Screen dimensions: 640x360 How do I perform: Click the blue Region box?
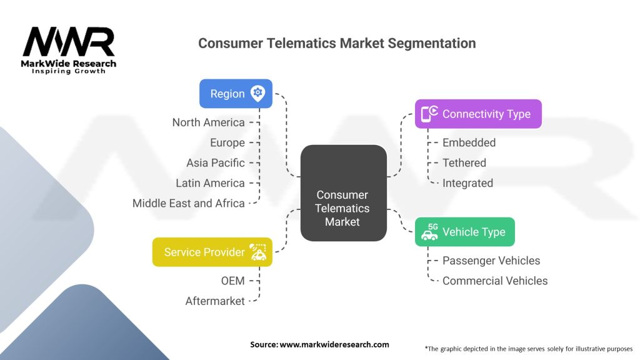point(236,94)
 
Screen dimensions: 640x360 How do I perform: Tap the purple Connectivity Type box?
point(478,114)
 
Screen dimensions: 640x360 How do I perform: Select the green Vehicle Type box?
point(464,232)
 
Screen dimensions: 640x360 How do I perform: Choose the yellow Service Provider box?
point(212,252)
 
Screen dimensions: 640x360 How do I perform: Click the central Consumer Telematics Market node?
point(343,192)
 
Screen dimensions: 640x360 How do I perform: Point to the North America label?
point(209,122)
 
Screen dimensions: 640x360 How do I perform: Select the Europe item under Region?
point(227,143)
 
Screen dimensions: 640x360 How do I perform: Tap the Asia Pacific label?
point(216,163)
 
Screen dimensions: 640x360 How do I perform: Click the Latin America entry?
point(210,183)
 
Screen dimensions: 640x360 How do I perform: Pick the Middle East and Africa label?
point(189,203)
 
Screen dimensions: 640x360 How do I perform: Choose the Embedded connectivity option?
point(469,142)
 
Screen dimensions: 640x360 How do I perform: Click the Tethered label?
point(464,163)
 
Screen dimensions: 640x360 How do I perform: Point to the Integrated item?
point(467,183)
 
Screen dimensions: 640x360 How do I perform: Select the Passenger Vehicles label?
point(491,261)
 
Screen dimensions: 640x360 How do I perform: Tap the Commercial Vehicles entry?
point(495,281)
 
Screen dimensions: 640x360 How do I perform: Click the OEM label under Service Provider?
point(232,281)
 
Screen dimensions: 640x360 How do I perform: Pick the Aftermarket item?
point(215,301)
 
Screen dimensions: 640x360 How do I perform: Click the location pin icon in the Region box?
point(257,94)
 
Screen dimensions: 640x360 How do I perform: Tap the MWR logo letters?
point(69,42)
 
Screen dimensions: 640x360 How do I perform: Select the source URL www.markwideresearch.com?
point(334,344)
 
